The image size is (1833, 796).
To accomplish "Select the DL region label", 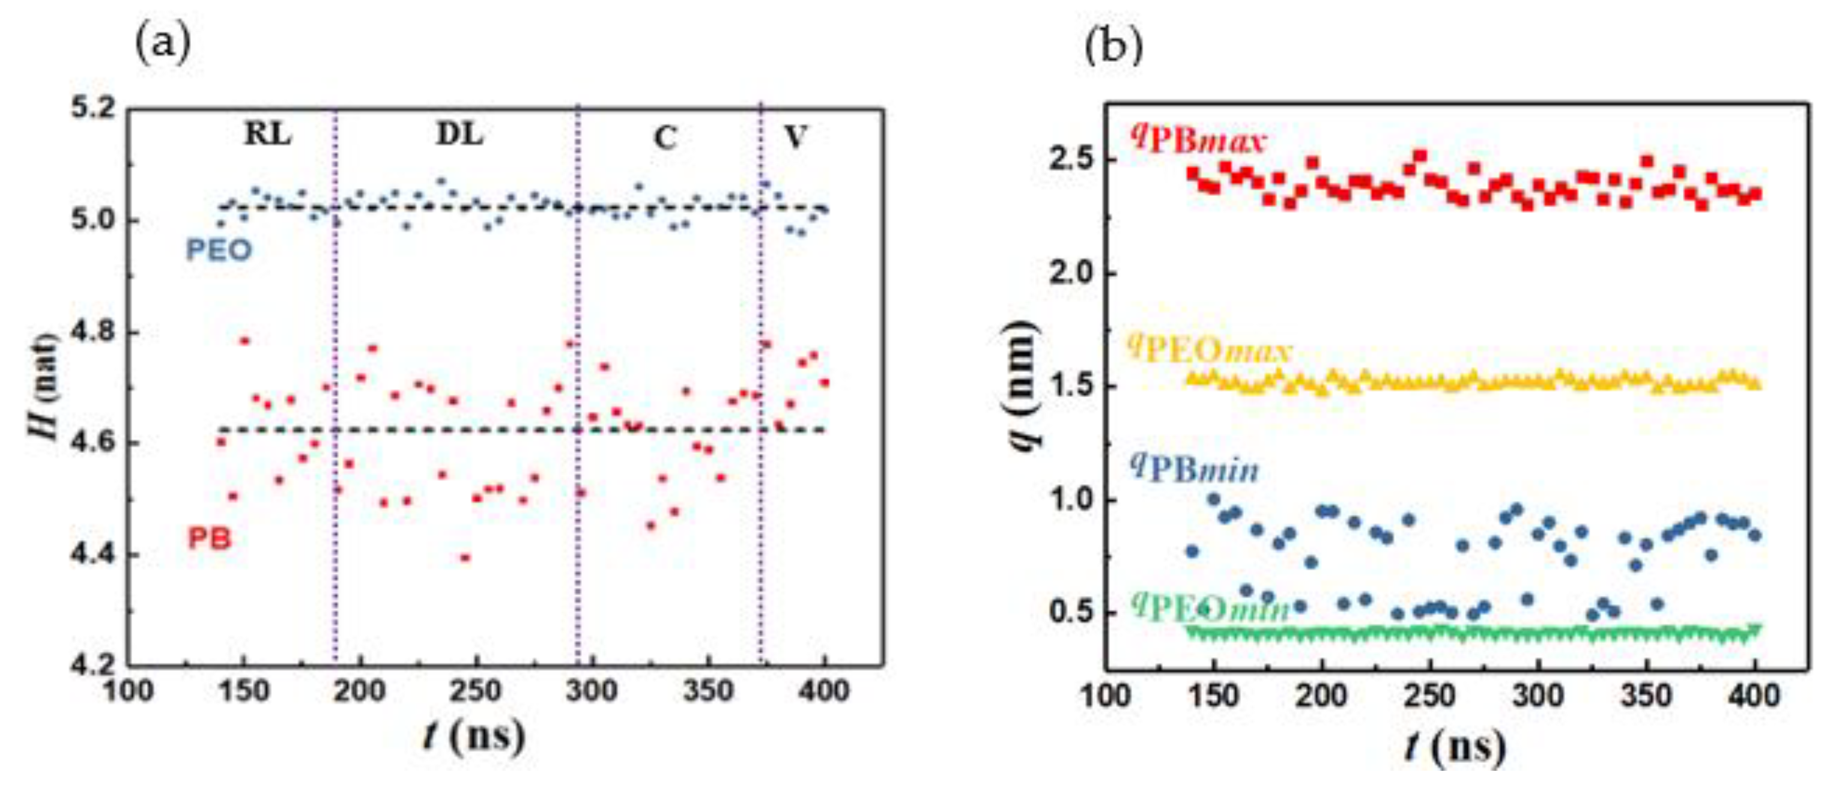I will [459, 135].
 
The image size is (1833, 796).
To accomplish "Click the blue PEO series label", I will [219, 251].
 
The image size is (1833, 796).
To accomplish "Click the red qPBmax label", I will [1199, 139].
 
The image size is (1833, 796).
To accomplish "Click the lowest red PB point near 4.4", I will [465, 558].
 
